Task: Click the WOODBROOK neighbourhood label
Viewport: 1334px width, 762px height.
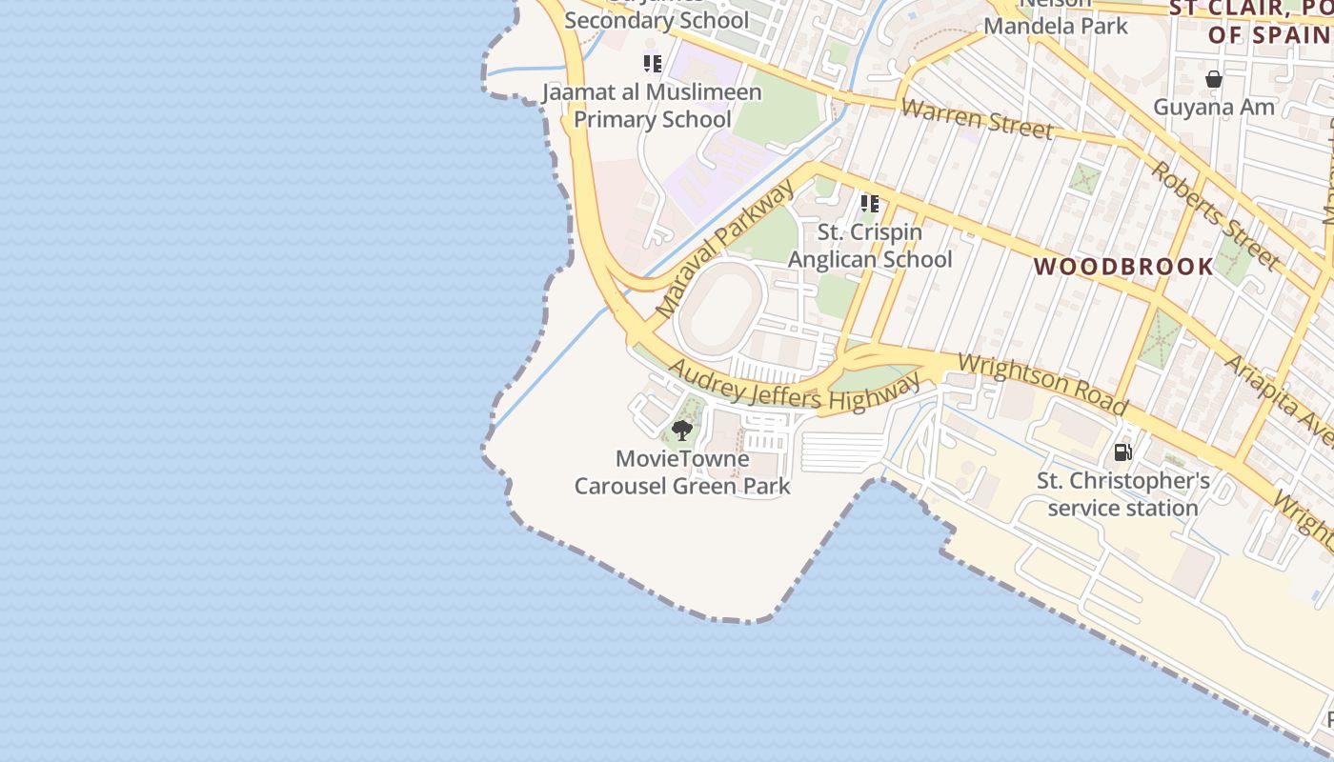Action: [x=1124, y=267]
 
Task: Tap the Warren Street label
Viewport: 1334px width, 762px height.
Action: [x=977, y=119]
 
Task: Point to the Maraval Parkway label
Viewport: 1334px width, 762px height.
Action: [x=724, y=251]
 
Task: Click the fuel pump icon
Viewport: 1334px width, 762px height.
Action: [x=1123, y=452]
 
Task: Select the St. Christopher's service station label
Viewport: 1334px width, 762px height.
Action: [x=1123, y=494]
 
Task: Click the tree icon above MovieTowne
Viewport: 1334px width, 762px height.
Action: [x=681, y=430]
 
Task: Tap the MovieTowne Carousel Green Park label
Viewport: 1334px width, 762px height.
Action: [x=682, y=472]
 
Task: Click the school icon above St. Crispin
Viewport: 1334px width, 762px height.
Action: [x=869, y=203]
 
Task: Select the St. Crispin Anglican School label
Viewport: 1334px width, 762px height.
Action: [x=870, y=246]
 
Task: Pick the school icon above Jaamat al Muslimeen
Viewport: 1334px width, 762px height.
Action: [x=652, y=64]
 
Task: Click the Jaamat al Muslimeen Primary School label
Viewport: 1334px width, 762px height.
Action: [x=653, y=106]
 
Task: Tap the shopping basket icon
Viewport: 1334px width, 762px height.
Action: [x=1214, y=79]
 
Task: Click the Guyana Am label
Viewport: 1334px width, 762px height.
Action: [x=1214, y=107]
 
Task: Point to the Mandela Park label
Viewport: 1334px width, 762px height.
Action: [x=1056, y=25]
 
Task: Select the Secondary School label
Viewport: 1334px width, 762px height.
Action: [x=657, y=19]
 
